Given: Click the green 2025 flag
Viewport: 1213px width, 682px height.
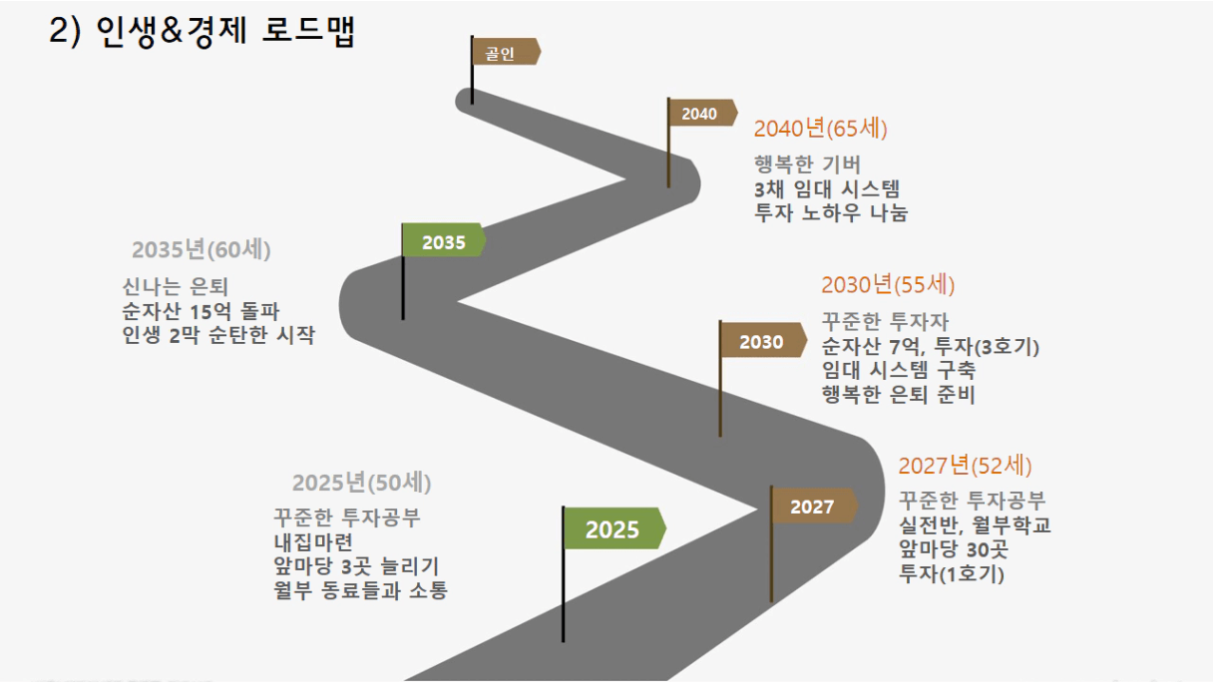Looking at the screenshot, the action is coord(614,528).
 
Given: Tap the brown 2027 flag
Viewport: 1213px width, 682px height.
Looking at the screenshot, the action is coord(814,506).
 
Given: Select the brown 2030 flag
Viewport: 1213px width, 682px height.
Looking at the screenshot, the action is coord(763,340).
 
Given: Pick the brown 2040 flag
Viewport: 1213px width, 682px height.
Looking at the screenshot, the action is coord(702,113).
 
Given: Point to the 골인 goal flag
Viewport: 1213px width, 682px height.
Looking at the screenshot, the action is coord(506,52).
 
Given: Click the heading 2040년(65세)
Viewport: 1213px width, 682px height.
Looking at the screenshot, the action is coord(820,129).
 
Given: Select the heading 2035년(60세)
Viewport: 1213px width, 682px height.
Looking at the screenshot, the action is coord(201,249).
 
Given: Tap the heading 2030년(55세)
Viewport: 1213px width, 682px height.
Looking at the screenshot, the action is coord(888,285).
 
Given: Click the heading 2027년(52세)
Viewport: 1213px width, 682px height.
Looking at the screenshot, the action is coord(965,466).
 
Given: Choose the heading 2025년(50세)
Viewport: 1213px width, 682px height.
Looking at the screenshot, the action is coord(362,483).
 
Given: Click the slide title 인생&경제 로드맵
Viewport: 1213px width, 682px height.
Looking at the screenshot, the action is coord(225,30).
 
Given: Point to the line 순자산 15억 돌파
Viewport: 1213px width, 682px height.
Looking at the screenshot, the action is coord(201,311).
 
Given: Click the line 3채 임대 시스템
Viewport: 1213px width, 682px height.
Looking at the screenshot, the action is coord(827,188).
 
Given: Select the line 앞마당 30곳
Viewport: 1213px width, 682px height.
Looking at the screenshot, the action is coord(953,549).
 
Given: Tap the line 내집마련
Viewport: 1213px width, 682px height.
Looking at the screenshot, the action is coord(313,541).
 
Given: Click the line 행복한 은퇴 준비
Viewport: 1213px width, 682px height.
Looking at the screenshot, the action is coord(899,394).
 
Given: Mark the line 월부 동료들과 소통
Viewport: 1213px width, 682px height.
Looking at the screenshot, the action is coord(361,590).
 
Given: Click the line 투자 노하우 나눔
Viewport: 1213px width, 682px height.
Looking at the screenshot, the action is coord(831,212).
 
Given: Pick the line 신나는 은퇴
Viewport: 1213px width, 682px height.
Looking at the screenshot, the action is coord(175,287).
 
